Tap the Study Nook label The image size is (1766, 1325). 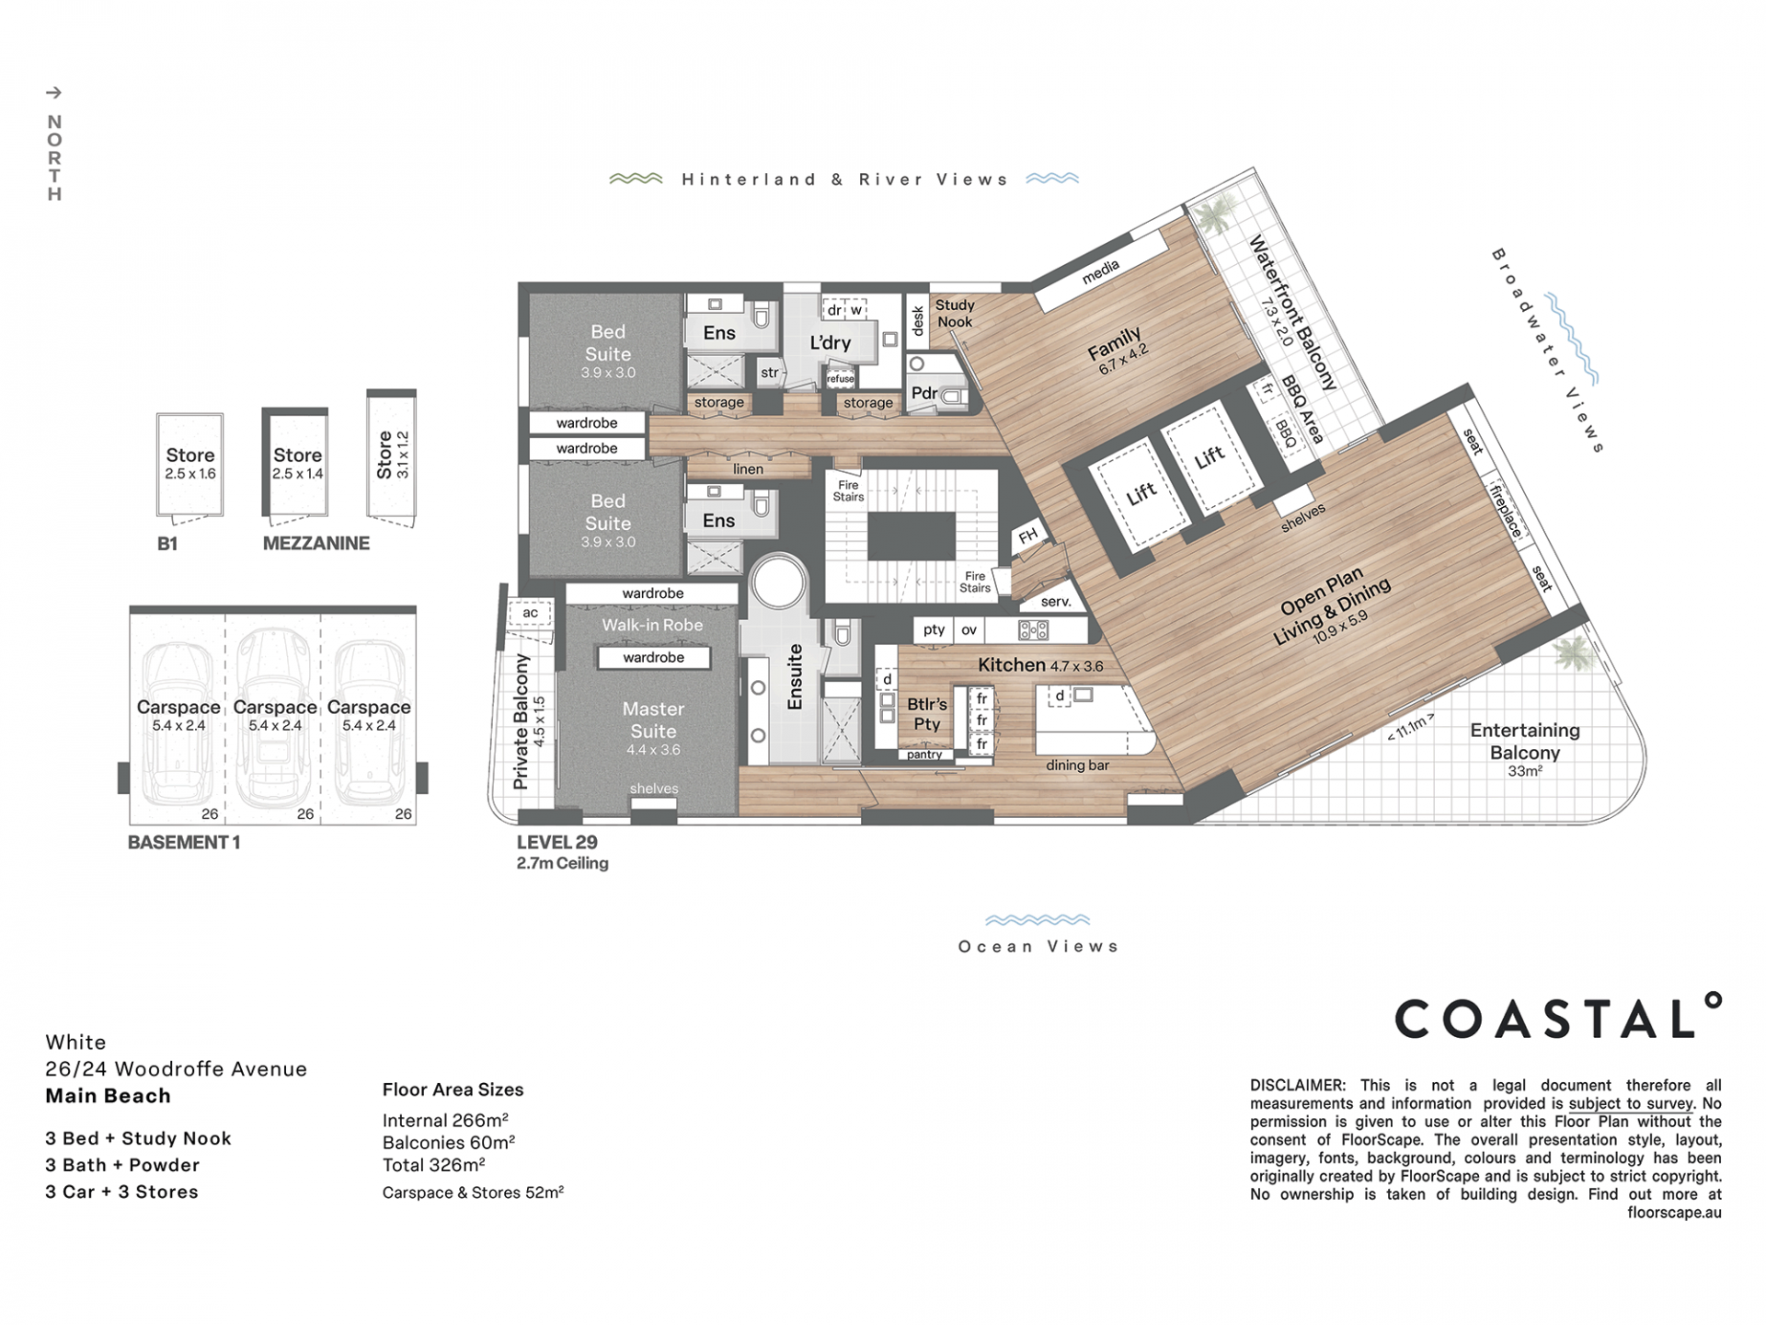point(955,313)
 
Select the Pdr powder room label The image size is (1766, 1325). point(923,393)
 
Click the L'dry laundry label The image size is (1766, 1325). point(830,342)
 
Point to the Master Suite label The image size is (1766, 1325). point(653,720)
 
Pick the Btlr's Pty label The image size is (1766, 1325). point(926,714)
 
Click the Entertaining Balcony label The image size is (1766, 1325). point(1524,741)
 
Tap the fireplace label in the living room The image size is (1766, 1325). point(1506,511)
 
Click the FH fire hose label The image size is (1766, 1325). point(1027,536)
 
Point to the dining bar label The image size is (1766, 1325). point(1077,766)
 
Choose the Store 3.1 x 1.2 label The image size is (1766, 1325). point(393,455)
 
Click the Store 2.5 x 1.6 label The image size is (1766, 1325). point(190,463)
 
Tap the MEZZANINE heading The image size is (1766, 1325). point(316,544)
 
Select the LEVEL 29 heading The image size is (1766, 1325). point(556,842)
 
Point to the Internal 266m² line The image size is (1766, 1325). point(445,1120)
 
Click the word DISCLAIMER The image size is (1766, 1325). point(1297,1086)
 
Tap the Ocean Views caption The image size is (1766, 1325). point(1038,946)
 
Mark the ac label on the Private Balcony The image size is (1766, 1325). point(531,613)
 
